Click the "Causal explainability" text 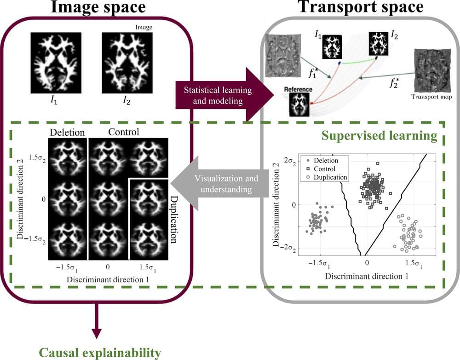[x=100, y=353]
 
